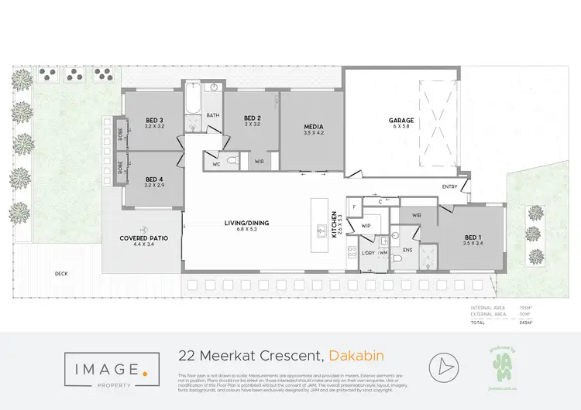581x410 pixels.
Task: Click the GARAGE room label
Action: tap(401, 121)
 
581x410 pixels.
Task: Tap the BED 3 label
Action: tap(154, 120)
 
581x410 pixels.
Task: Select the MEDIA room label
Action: tap(313, 127)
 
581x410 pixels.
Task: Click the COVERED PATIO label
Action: tap(139, 238)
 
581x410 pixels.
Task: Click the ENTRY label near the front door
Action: tap(449, 186)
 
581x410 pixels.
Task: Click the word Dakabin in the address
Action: tap(356, 356)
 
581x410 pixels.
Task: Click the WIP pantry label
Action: tap(366, 225)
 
